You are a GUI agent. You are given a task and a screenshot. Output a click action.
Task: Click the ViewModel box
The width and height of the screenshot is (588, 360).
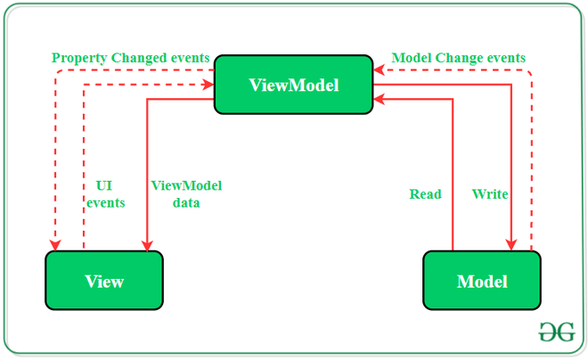(x=294, y=85)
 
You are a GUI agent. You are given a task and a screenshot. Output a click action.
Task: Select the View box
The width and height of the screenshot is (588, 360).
(x=104, y=281)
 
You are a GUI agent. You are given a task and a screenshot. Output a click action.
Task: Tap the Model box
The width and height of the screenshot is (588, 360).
(x=482, y=281)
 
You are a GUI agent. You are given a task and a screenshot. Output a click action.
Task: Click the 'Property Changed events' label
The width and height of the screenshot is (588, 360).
(x=130, y=58)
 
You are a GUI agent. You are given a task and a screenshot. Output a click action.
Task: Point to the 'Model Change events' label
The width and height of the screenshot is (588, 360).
(x=459, y=58)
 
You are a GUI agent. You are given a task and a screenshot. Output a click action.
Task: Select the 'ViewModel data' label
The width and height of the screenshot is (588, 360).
(x=186, y=194)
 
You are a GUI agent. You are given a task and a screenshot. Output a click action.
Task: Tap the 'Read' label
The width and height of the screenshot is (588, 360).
(x=425, y=194)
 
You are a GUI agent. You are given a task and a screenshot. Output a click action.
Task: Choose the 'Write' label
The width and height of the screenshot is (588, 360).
(x=490, y=194)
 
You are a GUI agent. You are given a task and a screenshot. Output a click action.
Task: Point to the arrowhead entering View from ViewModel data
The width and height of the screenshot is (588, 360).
(x=146, y=245)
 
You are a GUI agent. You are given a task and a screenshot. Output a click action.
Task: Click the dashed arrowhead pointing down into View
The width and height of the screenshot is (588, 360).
(x=56, y=245)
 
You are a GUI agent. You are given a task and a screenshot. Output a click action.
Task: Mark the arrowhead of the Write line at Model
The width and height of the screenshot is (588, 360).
(x=512, y=245)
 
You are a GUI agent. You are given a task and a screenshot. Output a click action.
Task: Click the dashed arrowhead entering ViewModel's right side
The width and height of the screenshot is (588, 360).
(x=378, y=70)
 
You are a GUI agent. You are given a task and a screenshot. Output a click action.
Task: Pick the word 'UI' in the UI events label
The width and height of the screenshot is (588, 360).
(x=103, y=186)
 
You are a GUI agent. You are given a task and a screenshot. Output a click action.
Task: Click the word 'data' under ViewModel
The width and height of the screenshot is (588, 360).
(x=186, y=203)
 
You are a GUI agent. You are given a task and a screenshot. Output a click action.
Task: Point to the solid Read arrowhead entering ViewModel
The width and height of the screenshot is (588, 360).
(x=378, y=99)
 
